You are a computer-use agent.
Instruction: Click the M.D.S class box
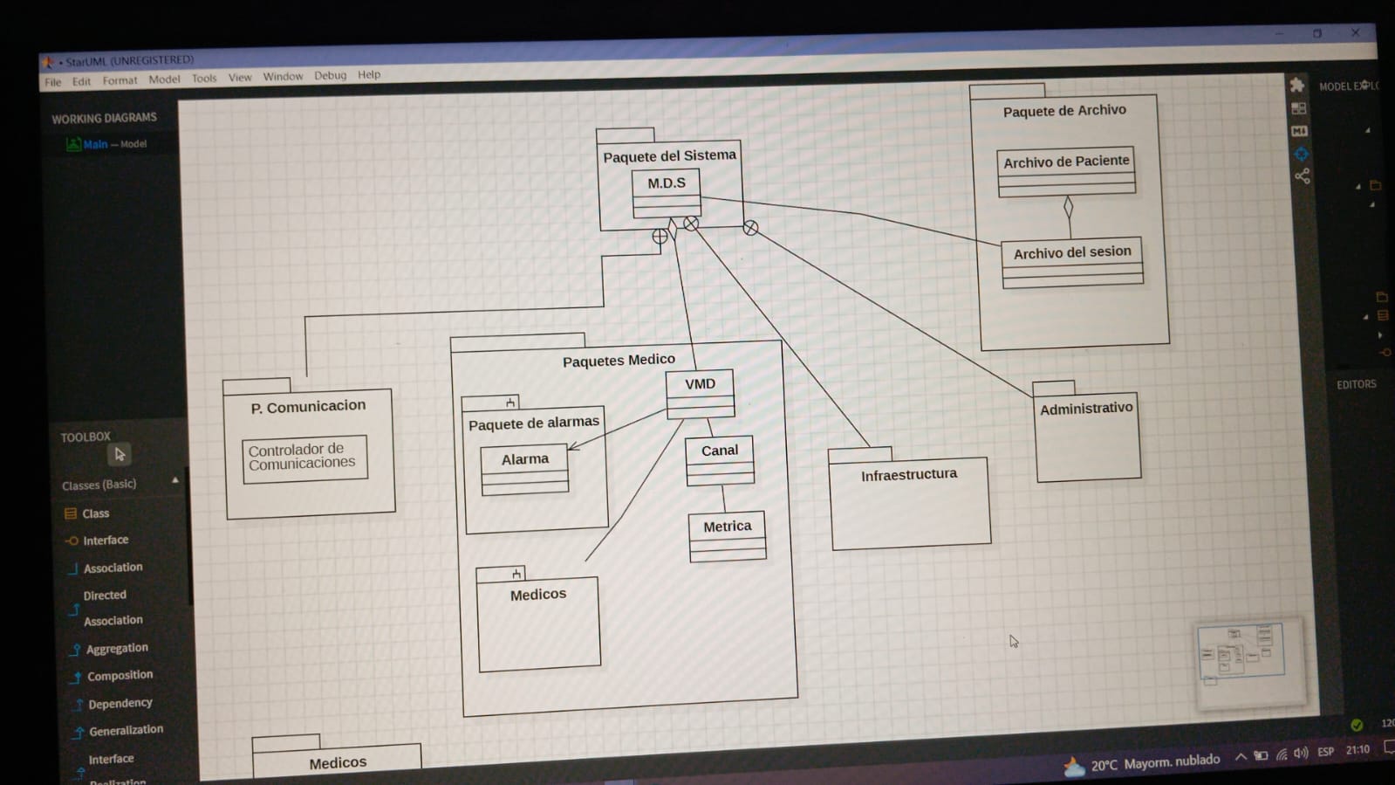pos(667,184)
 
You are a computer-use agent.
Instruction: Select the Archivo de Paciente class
pos(1066,162)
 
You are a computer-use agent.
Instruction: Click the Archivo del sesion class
pos(1072,253)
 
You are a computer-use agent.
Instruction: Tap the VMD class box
pos(700,385)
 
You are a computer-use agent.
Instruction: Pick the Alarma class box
pos(524,460)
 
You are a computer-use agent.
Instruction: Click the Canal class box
pos(720,451)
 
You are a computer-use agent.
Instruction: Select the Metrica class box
pos(727,527)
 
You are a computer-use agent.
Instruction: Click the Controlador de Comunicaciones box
pos(304,458)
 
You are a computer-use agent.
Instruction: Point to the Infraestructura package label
pos(908,474)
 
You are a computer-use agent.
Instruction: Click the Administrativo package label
pos(1085,409)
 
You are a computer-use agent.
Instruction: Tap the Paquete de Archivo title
pos(1063,111)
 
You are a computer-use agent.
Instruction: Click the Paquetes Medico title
pos(619,360)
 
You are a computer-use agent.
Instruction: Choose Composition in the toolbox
pos(120,675)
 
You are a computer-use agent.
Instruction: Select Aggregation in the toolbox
pos(117,648)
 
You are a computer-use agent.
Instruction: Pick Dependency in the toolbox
pos(120,703)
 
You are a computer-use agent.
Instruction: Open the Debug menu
pos(330,75)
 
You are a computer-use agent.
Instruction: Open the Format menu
pos(120,80)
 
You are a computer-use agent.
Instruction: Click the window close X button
pos(1355,33)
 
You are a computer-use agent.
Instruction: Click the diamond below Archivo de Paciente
pos(1068,208)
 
